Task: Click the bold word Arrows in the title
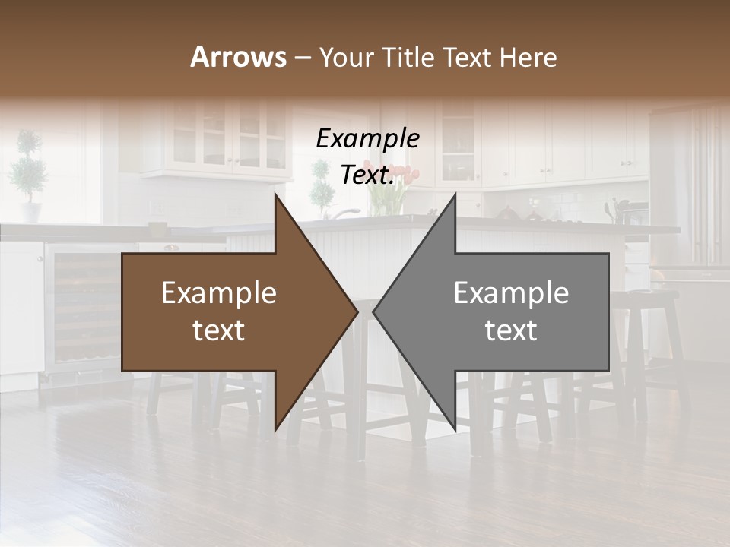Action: (239, 57)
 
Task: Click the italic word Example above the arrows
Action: (367, 139)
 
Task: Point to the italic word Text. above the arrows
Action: (367, 175)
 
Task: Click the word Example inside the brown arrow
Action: (219, 293)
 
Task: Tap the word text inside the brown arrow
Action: (219, 330)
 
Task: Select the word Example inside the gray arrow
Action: (511, 293)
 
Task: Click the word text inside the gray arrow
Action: (511, 330)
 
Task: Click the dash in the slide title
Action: (302, 58)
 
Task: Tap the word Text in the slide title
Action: (467, 57)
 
